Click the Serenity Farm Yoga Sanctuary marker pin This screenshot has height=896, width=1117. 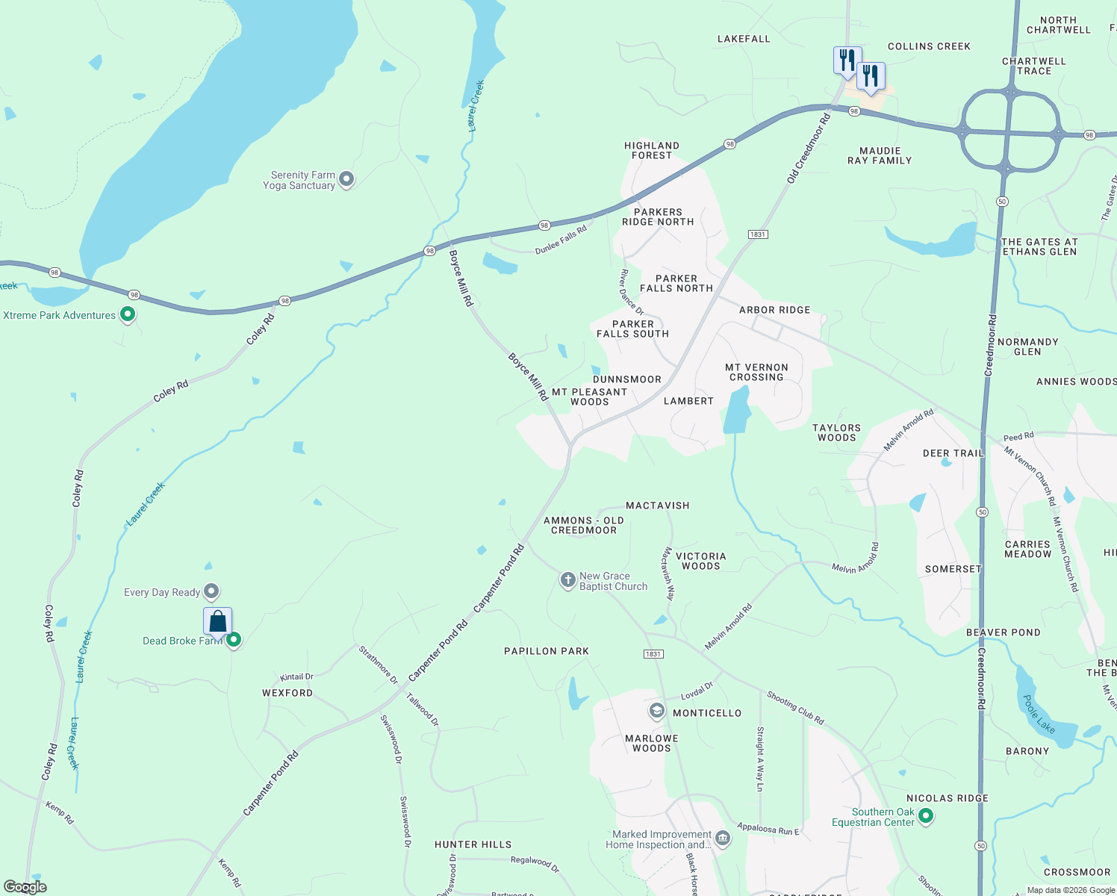(346, 179)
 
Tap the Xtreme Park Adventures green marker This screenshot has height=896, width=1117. (128, 314)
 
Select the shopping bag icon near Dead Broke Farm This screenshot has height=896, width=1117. (217, 621)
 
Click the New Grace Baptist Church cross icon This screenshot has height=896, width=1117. (567, 579)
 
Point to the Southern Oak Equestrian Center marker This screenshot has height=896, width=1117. (926, 816)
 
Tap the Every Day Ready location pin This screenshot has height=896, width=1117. (211, 591)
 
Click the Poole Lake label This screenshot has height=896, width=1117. (1039, 714)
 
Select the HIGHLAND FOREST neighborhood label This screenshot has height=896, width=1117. (652, 151)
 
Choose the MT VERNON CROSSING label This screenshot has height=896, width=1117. (756, 373)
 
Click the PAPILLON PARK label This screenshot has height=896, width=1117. (547, 651)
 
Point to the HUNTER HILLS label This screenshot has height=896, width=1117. (473, 844)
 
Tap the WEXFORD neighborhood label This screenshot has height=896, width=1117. (287, 693)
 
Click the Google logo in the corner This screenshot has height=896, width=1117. (25, 887)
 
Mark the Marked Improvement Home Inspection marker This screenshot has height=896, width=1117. (722, 838)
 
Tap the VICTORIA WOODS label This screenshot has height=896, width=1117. (700, 561)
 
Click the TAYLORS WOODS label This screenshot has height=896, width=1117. (836, 433)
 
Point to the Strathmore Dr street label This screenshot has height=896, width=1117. (378, 665)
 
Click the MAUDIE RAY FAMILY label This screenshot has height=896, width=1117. (880, 155)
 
